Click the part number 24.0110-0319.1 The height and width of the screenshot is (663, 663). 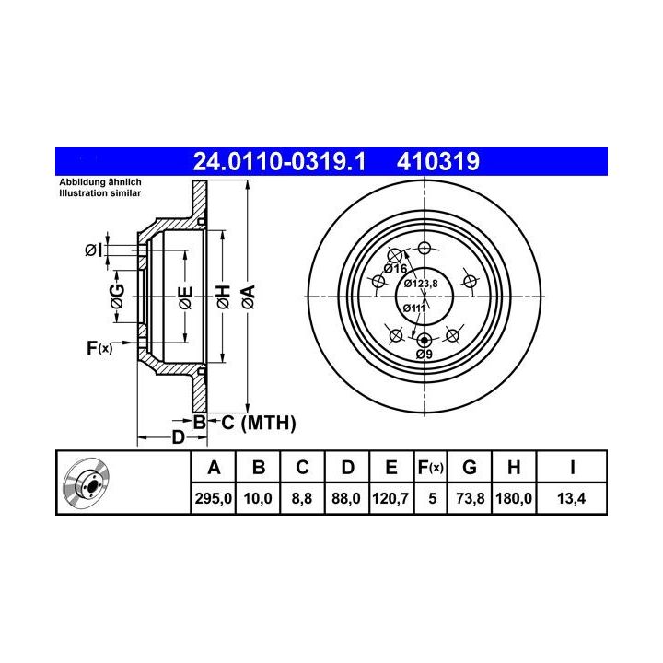pos(279,161)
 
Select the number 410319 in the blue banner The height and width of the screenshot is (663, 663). pos(438,161)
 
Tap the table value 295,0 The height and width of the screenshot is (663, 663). pos(213,498)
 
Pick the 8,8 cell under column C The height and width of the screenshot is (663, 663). pos(302,498)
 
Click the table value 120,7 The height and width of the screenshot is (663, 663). pos(390,498)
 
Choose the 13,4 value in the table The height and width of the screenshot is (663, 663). pos(571,498)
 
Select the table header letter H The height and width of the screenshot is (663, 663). pos(514,468)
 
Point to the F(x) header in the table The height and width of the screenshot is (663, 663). pos(430,468)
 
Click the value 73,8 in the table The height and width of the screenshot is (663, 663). pos(471,498)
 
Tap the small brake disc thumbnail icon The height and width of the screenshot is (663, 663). pos(87,483)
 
